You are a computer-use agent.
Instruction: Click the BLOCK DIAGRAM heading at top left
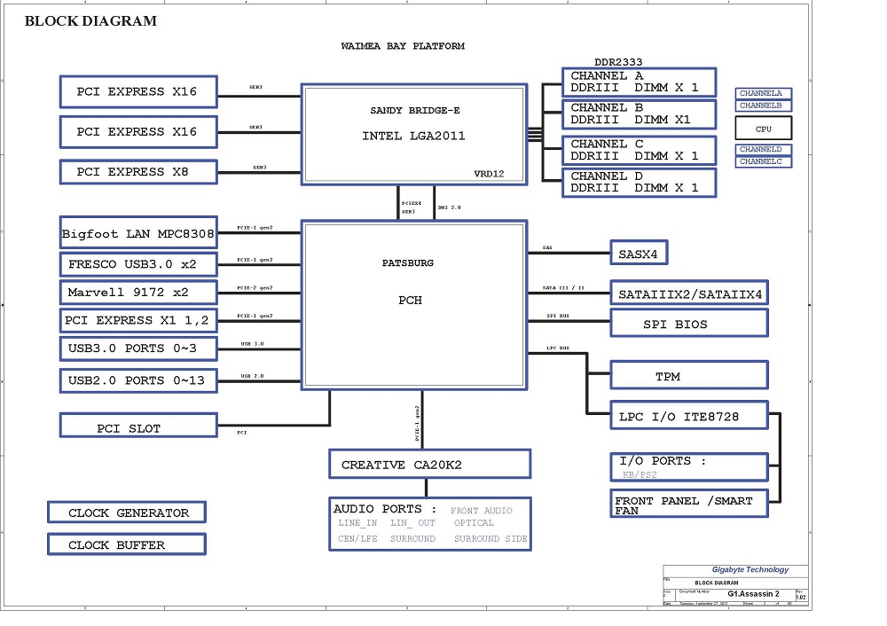pyautogui.click(x=90, y=20)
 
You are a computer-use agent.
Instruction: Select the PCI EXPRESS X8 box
pyautogui.click(x=138, y=171)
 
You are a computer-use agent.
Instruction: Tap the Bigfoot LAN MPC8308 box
pyautogui.click(x=138, y=235)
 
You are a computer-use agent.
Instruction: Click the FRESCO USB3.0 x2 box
pyautogui.click(x=138, y=263)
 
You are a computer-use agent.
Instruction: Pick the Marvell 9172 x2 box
pyautogui.click(x=138, y=292)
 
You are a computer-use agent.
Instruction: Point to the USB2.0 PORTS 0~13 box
pyautogui.click(x=138, y=380)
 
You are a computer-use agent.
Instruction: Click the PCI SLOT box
pyautogui.click(x=138, y=428)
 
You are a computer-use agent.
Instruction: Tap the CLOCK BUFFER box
pyautogui.click(x=127, y=545)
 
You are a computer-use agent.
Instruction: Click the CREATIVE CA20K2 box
pyautogui.click(x=429, y=464)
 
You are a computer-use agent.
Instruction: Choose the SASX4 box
pyautogui.click(x=639, y=254)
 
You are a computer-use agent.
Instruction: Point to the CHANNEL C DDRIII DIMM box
pyautogui.click(x=639, y=150)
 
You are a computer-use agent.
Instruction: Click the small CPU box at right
pyautogui.click(x=763, y=128)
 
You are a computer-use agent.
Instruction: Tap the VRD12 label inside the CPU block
pyautogui.click(x=489, y=174)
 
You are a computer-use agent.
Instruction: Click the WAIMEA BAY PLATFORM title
pyautogui.click(x=403, y=46)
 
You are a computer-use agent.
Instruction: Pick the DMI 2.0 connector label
pyautogui.click(x=450, y=207)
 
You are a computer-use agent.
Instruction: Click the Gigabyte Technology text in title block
pyautogui.click(x=750, y=570)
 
